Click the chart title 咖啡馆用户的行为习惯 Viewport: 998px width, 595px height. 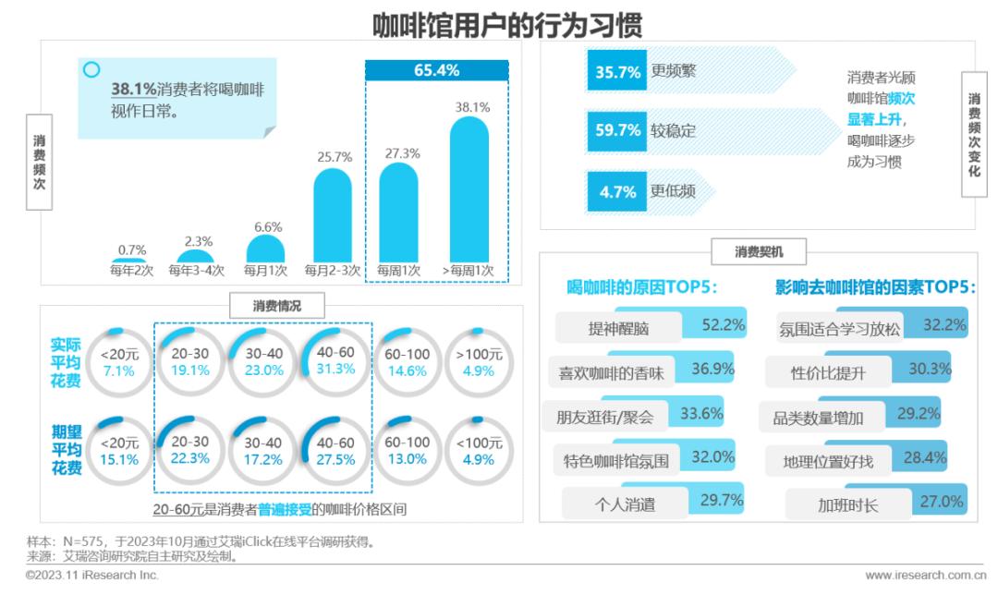coord(506,25)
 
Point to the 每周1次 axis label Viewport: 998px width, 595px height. coord(398,272)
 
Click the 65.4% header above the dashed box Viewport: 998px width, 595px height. coord(436,70)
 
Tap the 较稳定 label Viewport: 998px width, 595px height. coord(673,131)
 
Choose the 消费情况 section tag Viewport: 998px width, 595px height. coord(277,305)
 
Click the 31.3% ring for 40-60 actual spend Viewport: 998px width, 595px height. coord(335,362)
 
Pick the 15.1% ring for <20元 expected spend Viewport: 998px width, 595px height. coord(120,451)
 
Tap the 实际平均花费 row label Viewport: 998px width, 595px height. coord(66,362)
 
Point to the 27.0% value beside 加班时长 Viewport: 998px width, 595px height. coord(942,502)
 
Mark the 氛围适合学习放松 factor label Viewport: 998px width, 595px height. coord(839,328)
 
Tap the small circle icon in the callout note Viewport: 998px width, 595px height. coord(91,69)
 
